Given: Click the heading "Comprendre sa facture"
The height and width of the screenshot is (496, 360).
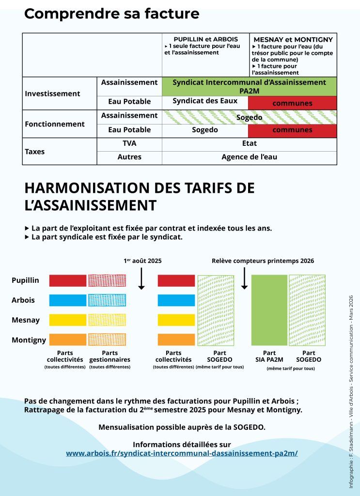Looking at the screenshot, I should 111,14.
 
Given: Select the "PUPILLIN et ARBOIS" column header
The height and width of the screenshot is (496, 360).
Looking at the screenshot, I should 205,38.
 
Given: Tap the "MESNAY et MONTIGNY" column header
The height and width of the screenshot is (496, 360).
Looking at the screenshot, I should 292,38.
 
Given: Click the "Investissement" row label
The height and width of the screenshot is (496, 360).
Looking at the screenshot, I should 52,93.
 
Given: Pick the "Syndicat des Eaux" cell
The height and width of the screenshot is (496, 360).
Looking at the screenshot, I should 205,101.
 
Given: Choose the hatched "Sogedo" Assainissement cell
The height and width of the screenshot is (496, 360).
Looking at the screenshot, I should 249,117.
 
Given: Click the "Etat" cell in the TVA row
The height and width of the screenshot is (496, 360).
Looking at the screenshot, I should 249,143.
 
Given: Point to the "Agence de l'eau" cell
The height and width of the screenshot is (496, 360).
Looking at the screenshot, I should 249,157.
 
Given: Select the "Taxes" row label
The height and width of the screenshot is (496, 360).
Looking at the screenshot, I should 34,152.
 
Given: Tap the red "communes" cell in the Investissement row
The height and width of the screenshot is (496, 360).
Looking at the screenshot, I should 292,103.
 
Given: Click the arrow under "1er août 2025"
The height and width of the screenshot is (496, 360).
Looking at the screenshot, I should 141,278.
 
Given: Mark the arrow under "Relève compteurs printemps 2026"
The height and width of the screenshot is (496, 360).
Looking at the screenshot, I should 245,278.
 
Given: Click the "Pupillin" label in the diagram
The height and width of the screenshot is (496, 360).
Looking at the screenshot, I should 25,280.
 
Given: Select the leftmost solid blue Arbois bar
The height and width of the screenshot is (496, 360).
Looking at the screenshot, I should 68,300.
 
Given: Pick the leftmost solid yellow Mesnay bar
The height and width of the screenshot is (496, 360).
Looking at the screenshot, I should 68,320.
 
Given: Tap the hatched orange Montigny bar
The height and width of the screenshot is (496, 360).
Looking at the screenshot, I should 107,340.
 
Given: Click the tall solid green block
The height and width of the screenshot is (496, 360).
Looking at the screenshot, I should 269,310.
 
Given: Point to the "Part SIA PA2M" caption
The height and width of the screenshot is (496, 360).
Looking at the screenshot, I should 269,356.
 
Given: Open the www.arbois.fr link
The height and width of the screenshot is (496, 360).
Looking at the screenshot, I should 182,453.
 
